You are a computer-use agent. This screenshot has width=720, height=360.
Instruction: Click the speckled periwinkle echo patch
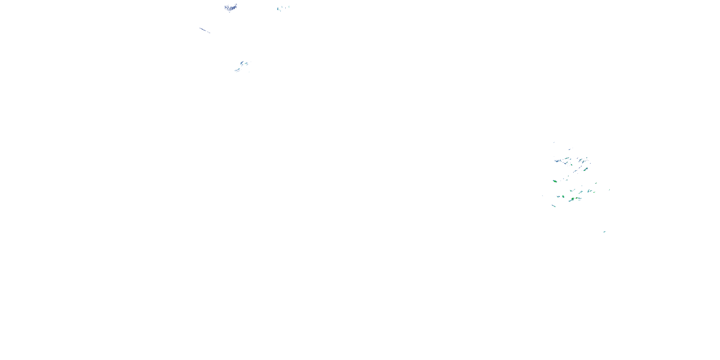pyautogui.click(x=231, y=8)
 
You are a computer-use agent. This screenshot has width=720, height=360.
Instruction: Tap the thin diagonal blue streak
pyautogui.click(x=204, y=30)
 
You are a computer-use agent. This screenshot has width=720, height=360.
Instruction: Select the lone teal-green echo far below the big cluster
pyautogui.click(x=604, y=232)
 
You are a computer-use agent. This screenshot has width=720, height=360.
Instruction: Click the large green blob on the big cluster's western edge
pyautogui.click(x=555, y=181)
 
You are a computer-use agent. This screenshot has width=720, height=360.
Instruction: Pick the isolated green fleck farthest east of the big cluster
pyautogui.click(x=609, y=190)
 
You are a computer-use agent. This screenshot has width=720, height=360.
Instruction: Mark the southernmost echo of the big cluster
pyautogui.click(x=554, y=206)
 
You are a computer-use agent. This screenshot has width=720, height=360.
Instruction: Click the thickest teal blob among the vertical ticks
pyautogui.click(x=278, y=9)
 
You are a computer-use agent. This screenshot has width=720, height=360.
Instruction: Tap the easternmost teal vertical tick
pyautogui.click(x=289, y=7)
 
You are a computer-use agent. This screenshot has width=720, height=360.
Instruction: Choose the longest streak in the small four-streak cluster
pyautogui.click(x=237, y=70)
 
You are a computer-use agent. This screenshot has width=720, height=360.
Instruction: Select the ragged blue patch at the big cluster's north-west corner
pyautogui.click(x=558, y=161)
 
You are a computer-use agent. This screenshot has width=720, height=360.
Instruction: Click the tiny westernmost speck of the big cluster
pyautogui.click(x=542, y=195)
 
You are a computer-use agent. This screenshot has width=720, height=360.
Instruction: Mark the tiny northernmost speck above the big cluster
pyautogui.click(x=554, y=142)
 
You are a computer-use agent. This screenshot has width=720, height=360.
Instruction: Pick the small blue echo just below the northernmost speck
pyautogui.click(x=569, y=149)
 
